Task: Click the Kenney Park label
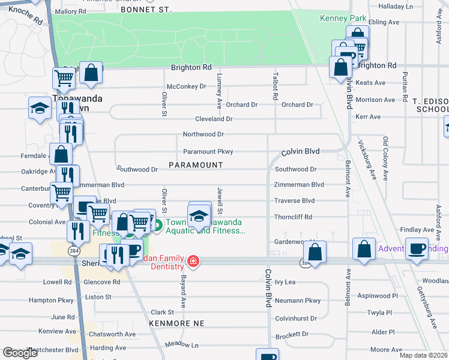[x=339, y=19]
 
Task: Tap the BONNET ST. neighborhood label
[x=146, y=10]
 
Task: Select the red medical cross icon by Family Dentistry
[x=193, y=261]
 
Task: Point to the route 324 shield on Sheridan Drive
[x=305, y=262]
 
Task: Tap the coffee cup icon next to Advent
[x=417, y=247]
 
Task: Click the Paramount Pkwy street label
[x=208, y=152]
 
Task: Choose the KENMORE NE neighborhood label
[x=178, y=323]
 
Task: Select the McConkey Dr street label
[x=186, y=86]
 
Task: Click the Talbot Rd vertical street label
[x=276, y=87]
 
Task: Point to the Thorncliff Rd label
[x=293, y=217]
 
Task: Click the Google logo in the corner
[x=21, y=353]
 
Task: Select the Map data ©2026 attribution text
[x=423, y=355]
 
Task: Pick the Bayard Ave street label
[x=181, y=289]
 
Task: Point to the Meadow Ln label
[x=182, y=345]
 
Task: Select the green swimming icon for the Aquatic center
[x=158, y=226]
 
